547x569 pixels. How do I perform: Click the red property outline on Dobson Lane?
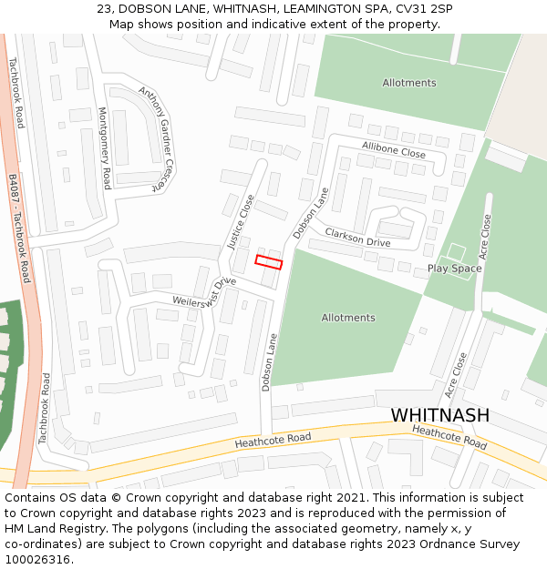pos(268,262)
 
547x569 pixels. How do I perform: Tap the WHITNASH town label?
pos(439,415)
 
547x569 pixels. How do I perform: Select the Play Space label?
pos(454,269)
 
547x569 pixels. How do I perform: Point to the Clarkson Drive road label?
pos(357,239)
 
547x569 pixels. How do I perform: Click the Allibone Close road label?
pos(393,149)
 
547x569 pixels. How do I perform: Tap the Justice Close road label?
pos(241,222)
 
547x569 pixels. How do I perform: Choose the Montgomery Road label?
pos(104,147)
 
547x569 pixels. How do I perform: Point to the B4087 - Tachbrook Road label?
pos(19,229)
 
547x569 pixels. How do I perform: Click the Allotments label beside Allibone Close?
pos(409,83)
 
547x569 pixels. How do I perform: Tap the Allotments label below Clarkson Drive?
pos(347,318)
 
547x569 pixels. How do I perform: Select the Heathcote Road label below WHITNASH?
pos(449,436)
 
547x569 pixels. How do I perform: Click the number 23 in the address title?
pos(104,8)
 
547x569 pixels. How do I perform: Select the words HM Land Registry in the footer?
pos(47,529)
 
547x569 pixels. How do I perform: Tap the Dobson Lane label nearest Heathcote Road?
pos(268,361)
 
